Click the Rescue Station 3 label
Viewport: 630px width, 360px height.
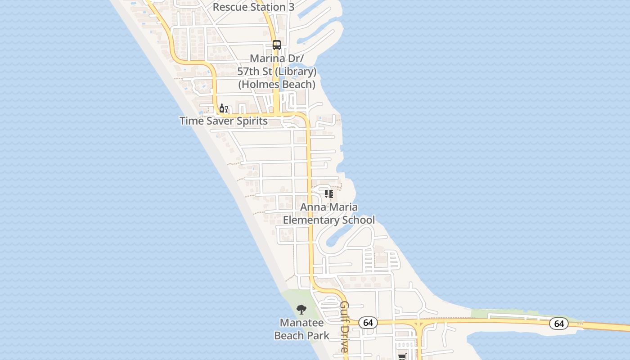click(x=249, y=7)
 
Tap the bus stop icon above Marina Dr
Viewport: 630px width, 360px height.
click(x=276, y=45)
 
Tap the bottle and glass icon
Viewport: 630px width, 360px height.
click(x=223, y=108)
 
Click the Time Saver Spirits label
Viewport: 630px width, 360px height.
click(x=223, y=121)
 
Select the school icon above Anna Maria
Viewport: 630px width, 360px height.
click(x=329, y=194)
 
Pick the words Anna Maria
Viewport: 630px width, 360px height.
click(x=329, y=207)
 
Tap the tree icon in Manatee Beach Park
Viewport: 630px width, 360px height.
click(x=301, y=310)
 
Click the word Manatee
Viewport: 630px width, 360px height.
click(x=301, y=323)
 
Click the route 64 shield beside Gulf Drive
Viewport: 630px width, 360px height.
click(x=368, y=323)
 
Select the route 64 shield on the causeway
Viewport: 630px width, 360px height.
click(x=558, y=324)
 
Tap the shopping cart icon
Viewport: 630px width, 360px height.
click(x=402, y=357)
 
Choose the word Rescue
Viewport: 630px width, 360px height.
click(x=229, y=7)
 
